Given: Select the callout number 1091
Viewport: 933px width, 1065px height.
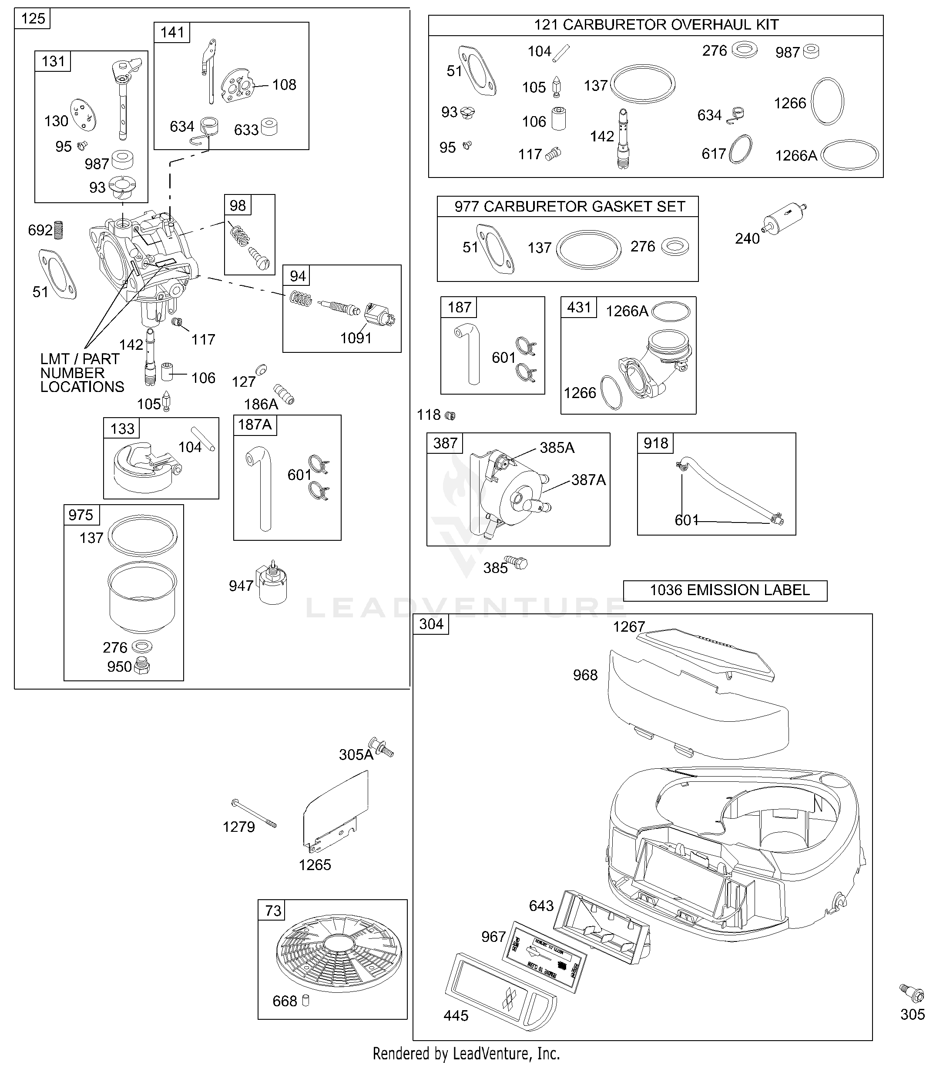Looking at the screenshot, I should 356,338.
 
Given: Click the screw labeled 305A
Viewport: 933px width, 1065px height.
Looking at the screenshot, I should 382,748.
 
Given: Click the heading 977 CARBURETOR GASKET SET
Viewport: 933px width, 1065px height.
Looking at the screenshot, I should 569,207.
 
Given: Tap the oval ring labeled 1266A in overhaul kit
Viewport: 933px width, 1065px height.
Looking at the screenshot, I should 850,154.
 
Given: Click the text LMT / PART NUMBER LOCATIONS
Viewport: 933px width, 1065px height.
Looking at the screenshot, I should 82,373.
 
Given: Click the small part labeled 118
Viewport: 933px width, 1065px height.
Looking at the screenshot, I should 451,415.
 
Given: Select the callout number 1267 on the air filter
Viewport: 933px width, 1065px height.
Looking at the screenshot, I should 629,627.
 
